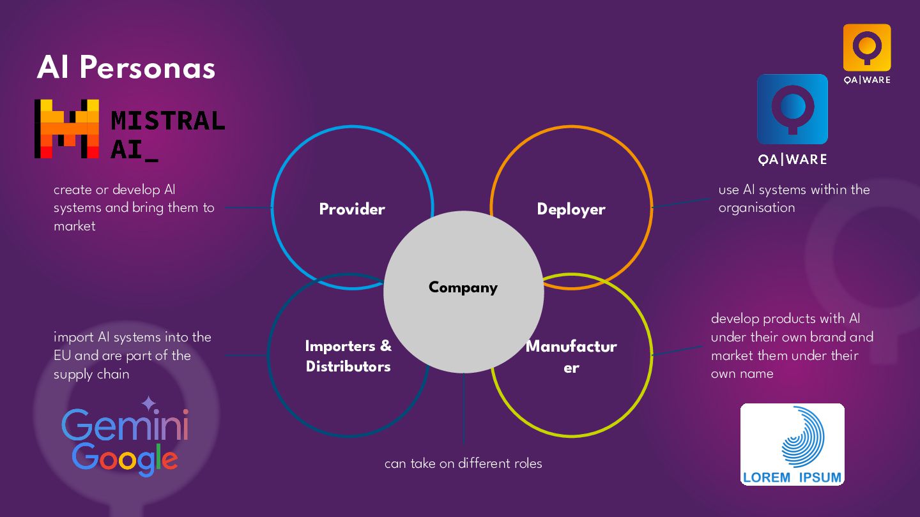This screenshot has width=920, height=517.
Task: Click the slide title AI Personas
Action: tap(126, 68)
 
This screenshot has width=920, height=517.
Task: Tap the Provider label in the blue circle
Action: tap(352, 209)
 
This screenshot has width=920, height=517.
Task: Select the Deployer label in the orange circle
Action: tap(571, 209)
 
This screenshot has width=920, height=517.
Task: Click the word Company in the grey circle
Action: tap(463, 288)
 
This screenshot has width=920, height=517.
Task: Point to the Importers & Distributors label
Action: tap(348, 356)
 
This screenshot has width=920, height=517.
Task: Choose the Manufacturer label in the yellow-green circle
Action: tap(571, 356)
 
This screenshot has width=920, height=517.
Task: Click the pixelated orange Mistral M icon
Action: tap(66, 129)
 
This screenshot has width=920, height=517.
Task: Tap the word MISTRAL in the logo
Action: tap(167, 120)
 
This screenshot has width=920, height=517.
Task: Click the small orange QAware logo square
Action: tap(866, 47)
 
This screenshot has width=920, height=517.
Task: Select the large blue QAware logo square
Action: tap(792, 109)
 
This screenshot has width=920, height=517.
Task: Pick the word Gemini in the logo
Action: tap(125, 425)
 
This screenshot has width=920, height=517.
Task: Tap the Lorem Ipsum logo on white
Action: tap(792, 444)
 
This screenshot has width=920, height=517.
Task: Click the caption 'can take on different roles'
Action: tap(463, 463)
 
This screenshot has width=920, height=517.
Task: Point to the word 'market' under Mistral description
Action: tap(75, 226)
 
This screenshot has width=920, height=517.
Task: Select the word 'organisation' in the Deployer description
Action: tap(756, 207)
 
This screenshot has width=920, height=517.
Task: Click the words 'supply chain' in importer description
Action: tap(91, 374)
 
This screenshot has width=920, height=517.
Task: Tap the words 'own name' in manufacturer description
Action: tap(742, 373)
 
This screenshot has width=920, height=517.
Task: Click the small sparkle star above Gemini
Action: tap(148, 403)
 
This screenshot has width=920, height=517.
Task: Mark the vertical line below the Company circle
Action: tap(463, 408)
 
